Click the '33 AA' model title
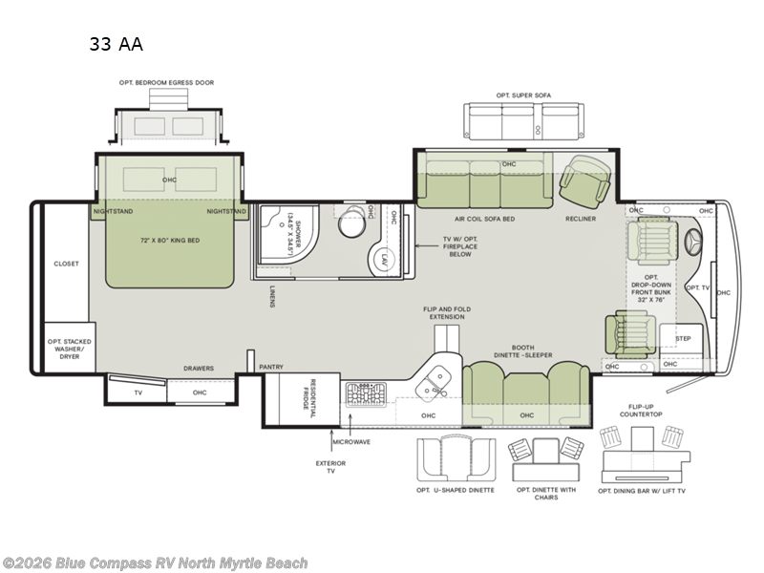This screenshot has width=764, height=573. (116, 42)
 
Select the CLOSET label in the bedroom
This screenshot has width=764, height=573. (66, 264)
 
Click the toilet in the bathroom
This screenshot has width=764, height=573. (352, 217)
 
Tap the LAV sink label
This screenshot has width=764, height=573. (381, 259)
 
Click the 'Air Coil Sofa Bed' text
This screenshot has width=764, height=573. (485, 219)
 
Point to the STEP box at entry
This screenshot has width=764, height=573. (682, 339)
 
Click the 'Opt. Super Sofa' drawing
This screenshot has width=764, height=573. (523, 121)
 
